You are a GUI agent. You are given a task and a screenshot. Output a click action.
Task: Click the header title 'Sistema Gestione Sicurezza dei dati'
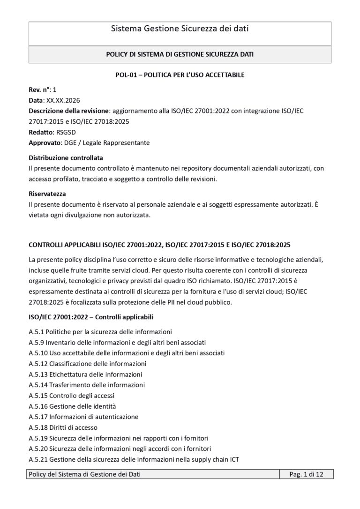click(x=180, y=29)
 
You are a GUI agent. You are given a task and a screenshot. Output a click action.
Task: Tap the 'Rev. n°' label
click(x=40, y=89)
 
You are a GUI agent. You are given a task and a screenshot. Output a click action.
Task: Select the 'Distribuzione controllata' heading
click(x=66, y=157)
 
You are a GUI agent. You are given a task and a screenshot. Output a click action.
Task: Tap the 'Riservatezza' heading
click(x=47, y=194)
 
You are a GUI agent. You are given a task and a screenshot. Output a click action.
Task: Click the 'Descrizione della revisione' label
click(x=68, y=111)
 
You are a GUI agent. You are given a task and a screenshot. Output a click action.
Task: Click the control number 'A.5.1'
click(x=36, y=332)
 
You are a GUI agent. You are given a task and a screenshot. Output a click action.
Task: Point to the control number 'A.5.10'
click(x=38, y=353)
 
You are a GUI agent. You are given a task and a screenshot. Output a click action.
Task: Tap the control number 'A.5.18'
click(x=38, y=427)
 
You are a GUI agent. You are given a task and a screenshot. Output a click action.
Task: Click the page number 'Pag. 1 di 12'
click(x=307, y=475)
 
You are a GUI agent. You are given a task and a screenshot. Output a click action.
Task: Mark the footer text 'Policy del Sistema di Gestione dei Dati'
click(x=85, y=475)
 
